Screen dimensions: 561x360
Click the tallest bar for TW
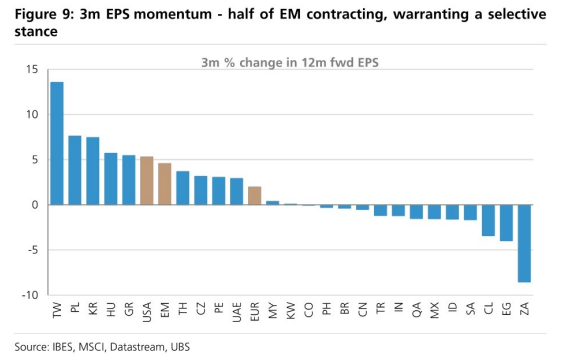pos(57,143)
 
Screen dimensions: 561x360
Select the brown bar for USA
pos(147,181)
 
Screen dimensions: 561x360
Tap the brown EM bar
pos(165,184)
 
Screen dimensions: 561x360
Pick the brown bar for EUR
pos(254,196)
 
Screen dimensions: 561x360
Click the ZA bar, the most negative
pos(524,243)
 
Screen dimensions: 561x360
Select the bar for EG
pos(506,223)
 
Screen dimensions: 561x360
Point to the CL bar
pos(488,220)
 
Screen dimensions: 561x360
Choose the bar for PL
pos(75,170)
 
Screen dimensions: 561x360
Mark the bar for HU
pos(111,179)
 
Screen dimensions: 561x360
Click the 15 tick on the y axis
pos(32,69)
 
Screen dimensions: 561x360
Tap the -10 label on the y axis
pos(30,295)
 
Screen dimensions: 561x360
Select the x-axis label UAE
pos(237,312)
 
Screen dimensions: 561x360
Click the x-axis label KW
pos(291,310)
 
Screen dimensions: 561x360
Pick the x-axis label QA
pos(416,310)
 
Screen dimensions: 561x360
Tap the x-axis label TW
pos(57,310)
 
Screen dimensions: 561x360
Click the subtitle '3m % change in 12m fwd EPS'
pos(290,63)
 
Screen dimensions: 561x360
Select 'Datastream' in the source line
pos(137,347)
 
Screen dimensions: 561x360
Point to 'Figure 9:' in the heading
pos(44,15)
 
